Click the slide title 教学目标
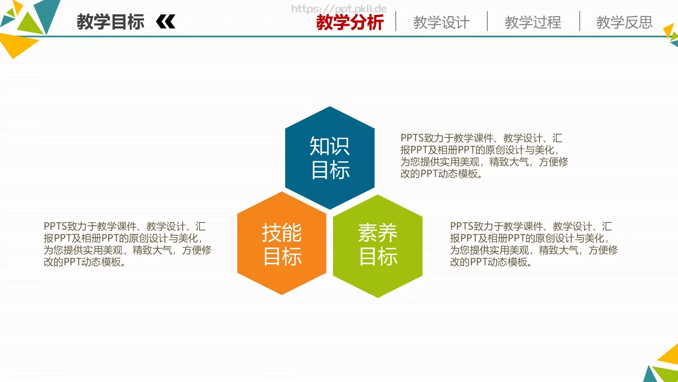pos(110,22)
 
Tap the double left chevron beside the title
pos(166,22)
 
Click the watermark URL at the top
pos(339,8)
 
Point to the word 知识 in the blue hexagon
pos(330,146)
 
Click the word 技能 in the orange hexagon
pos(282,232)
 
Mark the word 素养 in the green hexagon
pos(378,232)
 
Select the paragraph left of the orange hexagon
pos(127,244)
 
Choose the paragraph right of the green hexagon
pos(534,244)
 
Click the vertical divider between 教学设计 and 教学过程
pos(487,21)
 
